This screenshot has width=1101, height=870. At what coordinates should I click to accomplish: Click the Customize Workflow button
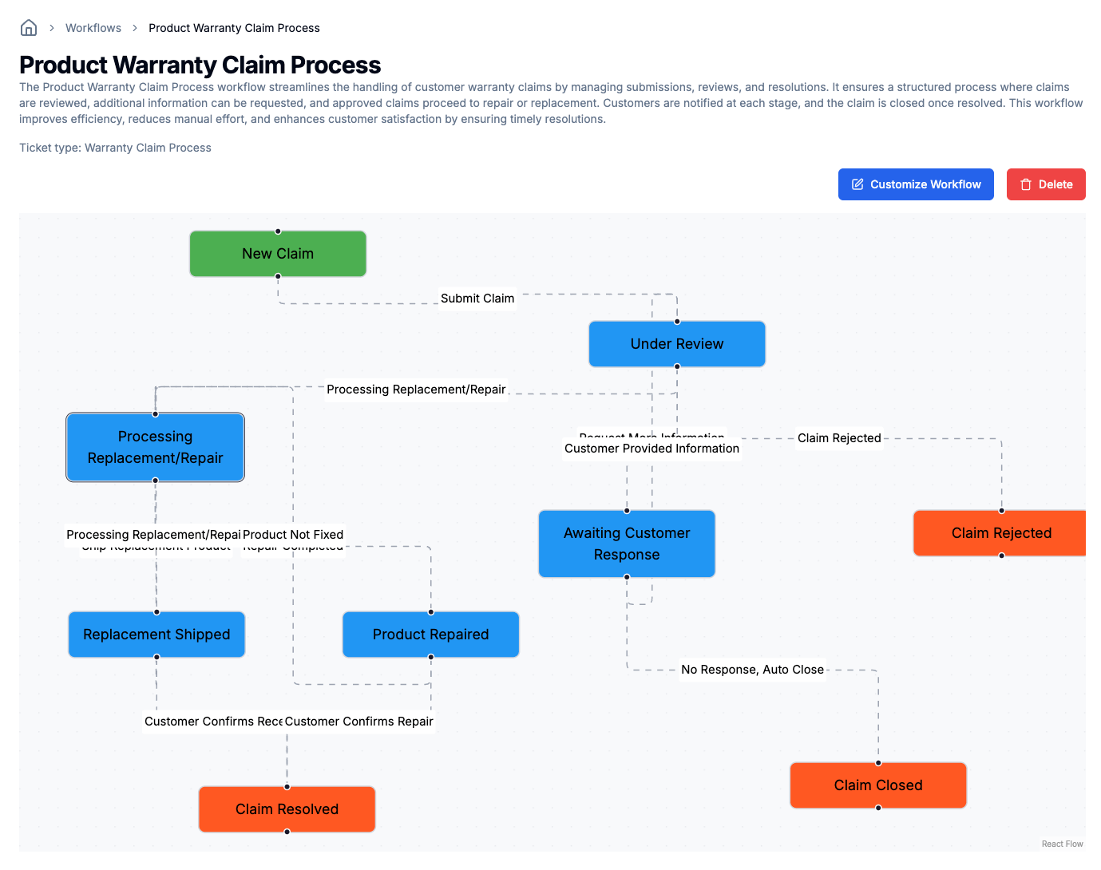916,184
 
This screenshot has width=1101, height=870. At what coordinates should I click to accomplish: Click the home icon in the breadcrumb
29,28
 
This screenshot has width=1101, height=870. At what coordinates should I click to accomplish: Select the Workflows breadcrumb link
93,28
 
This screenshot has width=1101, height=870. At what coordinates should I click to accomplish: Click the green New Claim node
278,254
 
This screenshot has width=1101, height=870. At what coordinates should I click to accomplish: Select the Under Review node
677,344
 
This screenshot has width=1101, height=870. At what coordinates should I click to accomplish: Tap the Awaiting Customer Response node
627,544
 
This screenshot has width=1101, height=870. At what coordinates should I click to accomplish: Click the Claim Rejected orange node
1000,533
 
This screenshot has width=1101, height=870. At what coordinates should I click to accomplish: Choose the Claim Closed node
878,785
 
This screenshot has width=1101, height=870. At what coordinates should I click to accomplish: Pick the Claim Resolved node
287,809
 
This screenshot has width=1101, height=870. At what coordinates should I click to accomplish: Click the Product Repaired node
430,635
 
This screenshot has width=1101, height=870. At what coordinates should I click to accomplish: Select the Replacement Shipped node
156,635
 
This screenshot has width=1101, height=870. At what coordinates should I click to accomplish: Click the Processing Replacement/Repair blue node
155,447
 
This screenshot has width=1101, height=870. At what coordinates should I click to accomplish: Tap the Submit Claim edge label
477,299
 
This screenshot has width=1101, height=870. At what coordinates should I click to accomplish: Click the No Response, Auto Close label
752,670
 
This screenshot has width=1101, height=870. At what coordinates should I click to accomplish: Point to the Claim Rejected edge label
839,438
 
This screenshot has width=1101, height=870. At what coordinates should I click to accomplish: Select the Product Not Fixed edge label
293,534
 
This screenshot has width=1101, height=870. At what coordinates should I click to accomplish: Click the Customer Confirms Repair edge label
359,722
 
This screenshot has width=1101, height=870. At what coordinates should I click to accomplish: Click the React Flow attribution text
1062,844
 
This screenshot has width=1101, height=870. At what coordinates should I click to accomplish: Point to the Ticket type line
115,148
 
